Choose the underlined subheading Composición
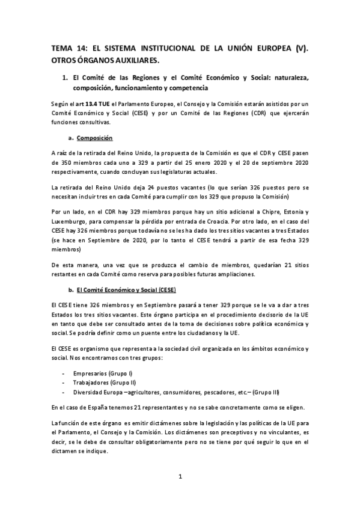click(96, 138)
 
